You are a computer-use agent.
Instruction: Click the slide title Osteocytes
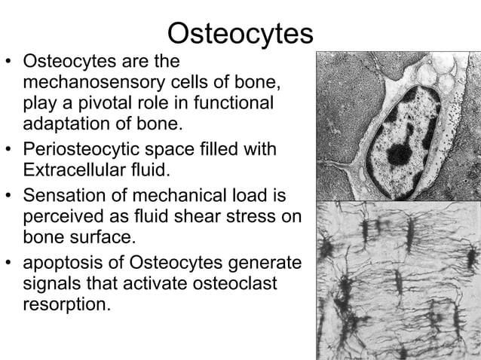pyautogui.click(x=240, y=32)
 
